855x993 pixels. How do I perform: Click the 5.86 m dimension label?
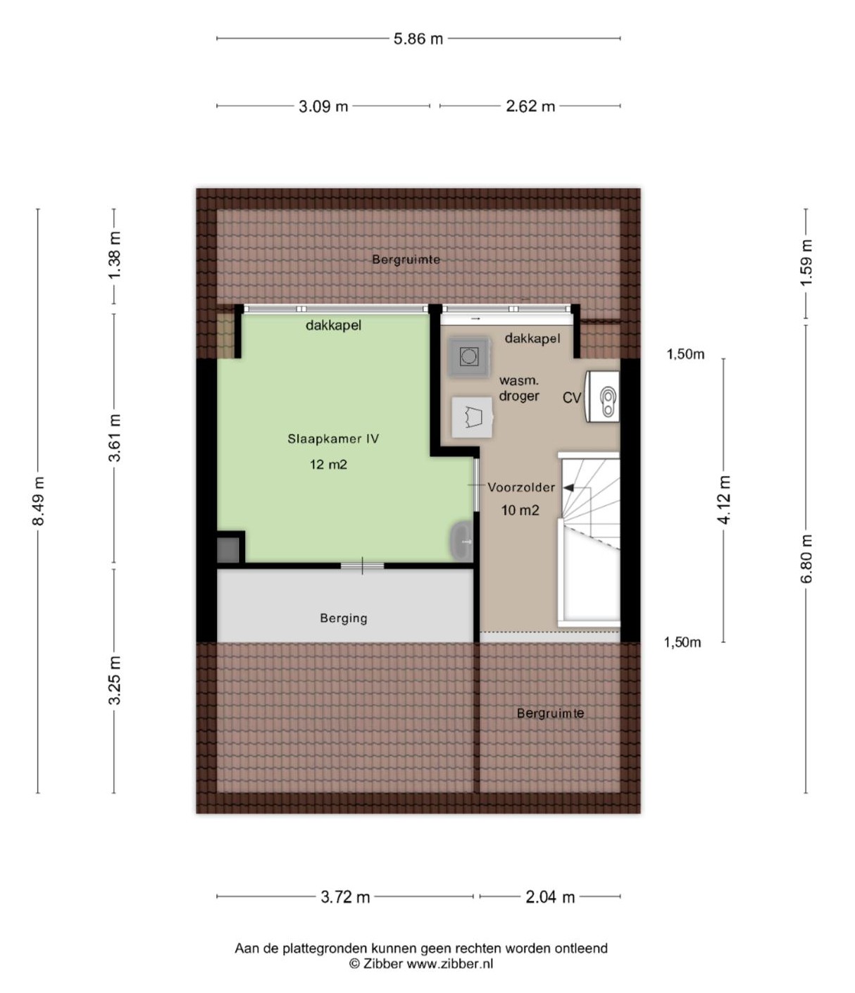[418, 39]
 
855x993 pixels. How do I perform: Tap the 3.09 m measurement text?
[323, 106]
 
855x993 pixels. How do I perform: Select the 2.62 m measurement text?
[530, 106]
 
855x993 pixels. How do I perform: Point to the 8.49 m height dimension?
[39, 501]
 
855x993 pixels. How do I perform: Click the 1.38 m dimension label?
[114, 255]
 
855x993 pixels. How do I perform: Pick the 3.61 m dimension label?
[114, 437]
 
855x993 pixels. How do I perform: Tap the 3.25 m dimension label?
[114, 680]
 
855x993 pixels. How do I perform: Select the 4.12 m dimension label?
[724, 499]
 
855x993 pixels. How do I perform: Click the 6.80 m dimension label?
[806, 558]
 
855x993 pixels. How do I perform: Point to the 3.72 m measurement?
[345, 897]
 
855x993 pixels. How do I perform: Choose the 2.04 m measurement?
[550, 897]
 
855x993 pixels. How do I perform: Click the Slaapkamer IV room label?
[333, 439]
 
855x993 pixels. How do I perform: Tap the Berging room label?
[344, 618]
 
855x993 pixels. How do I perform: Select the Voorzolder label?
[521, 487]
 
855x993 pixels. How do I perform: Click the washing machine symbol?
[468, 356]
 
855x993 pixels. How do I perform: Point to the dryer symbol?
[473, 417]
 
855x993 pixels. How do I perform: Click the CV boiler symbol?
[602, 396]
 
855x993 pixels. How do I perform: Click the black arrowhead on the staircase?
[568, 488]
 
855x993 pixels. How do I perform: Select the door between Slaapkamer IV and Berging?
[363, 566]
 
